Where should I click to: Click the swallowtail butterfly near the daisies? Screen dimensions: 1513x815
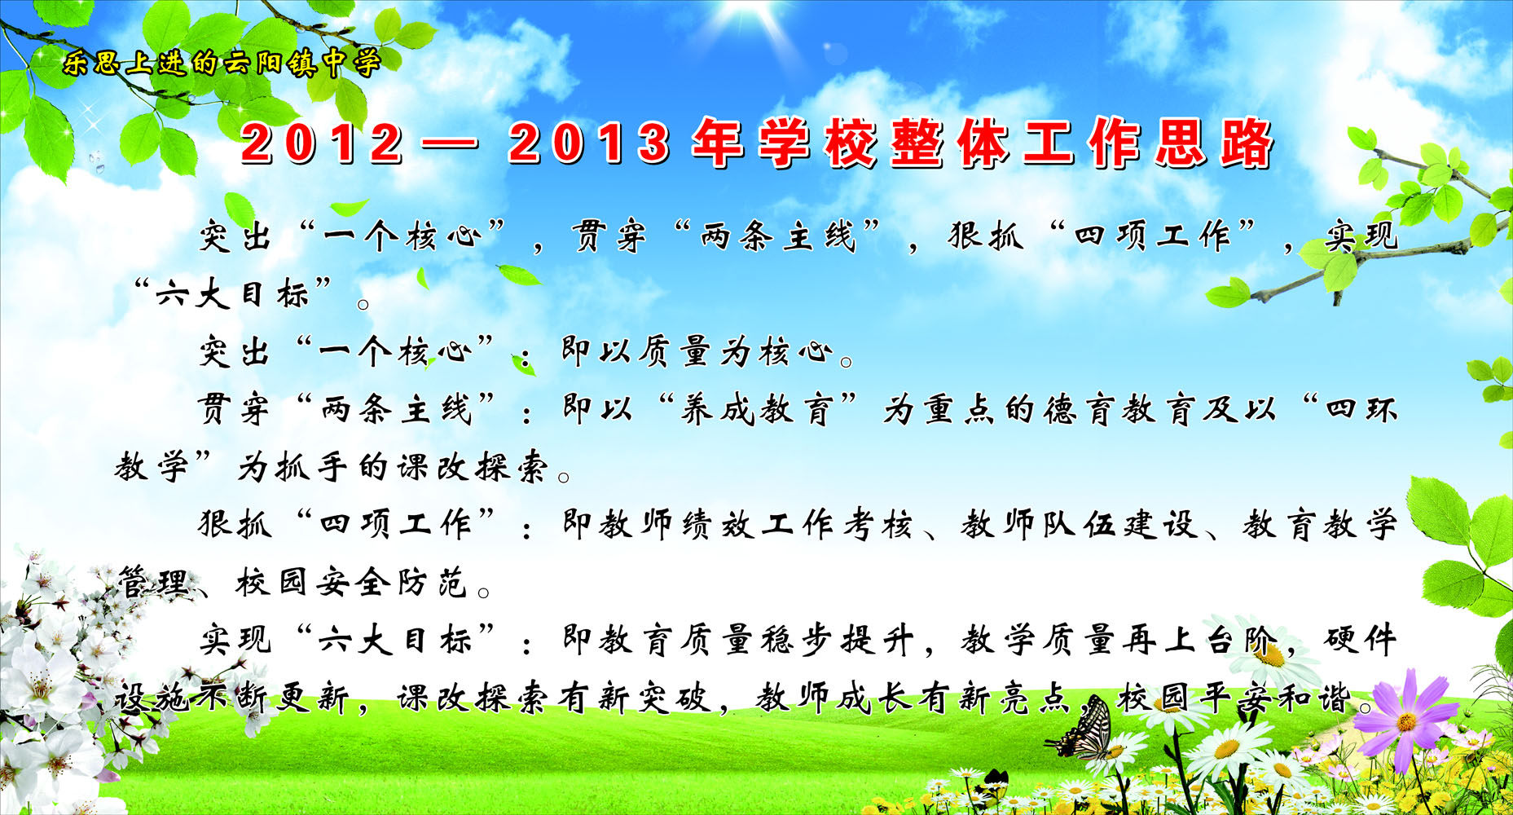(1084, 731)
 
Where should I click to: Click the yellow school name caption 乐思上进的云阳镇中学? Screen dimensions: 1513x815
(222, 62)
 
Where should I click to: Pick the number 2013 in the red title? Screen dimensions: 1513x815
(589, 143)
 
